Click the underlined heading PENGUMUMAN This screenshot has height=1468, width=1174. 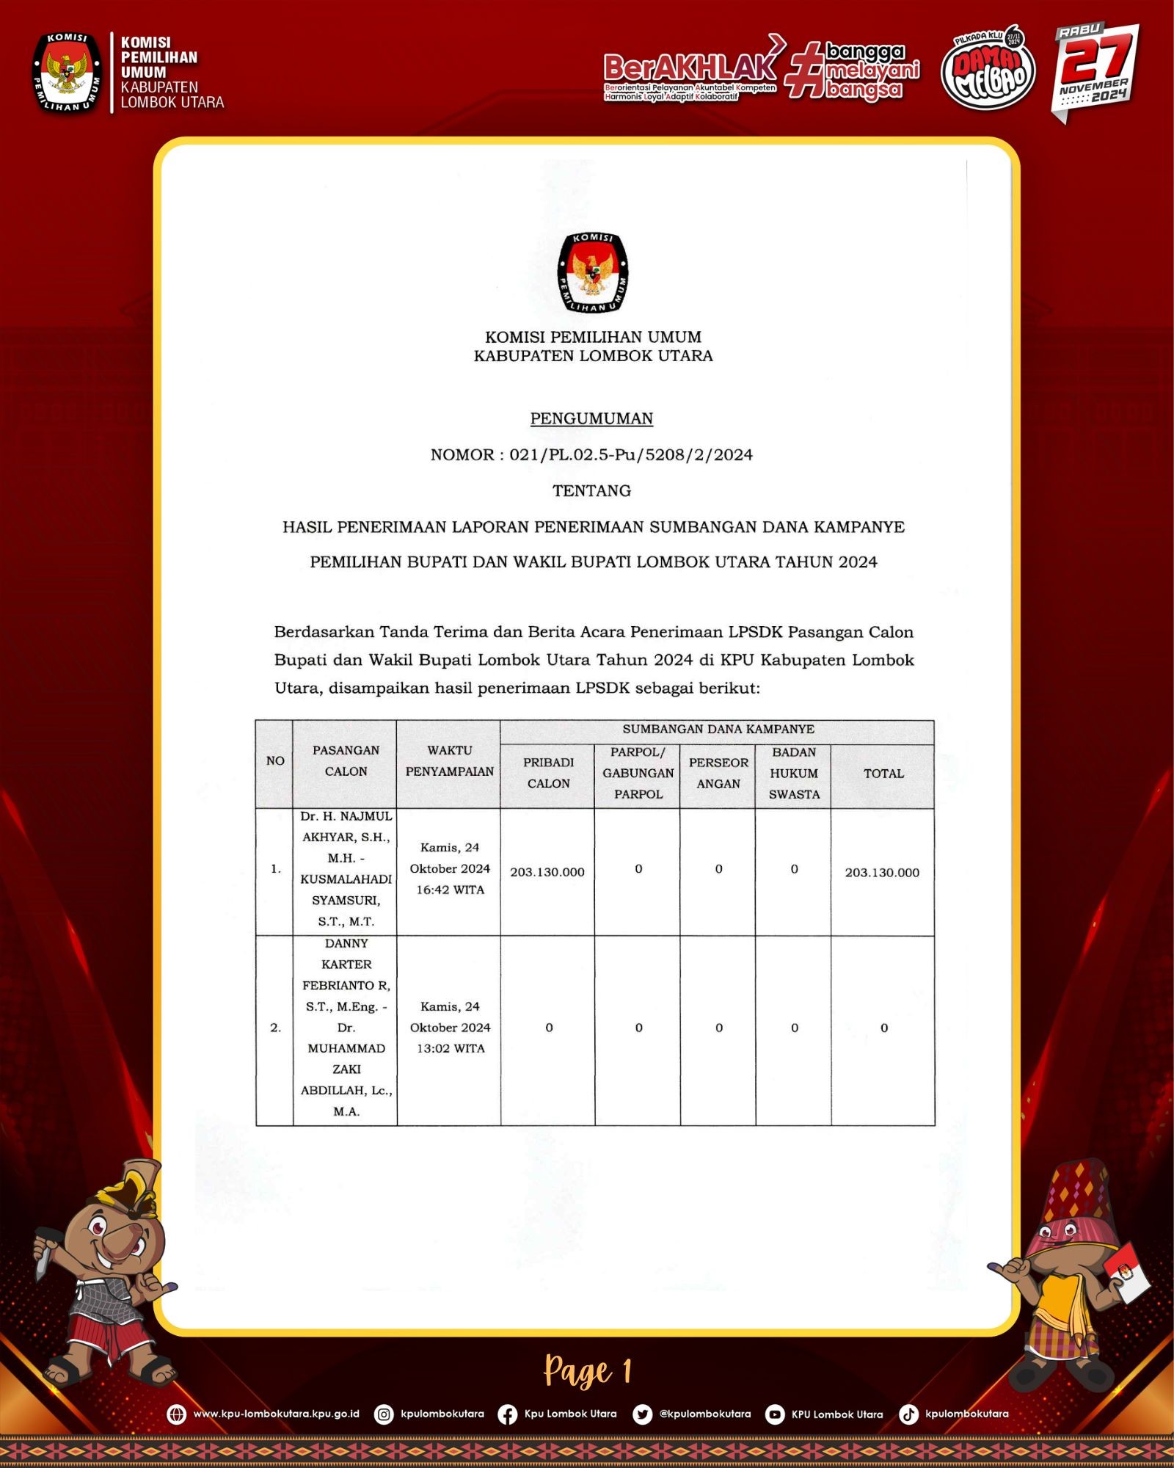(x=591, y=418)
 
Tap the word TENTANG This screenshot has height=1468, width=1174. (x=591, y=490)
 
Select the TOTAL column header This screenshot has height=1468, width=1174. (x=883, y=774)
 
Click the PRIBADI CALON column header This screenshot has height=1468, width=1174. (x=548, y=773)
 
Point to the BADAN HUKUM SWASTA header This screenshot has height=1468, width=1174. (x=794, y=773)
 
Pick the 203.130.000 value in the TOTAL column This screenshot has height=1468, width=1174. (x=882, y=873)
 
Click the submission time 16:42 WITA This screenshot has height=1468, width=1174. (x=450, y=890)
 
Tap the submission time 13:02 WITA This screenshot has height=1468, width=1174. (x=451, y=1048)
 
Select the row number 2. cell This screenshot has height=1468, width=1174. (x=275, y=1028)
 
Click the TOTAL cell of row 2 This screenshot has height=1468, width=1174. (x=884, y=1028)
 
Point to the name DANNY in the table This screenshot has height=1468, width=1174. (x=346, y=943)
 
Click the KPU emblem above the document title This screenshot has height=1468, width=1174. (x=593, y=272)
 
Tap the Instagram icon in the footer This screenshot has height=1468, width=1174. (x=384, y=1414)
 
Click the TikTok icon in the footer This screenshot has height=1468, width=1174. (x=908, y=1414)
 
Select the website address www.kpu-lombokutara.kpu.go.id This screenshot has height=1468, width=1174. (x=276, y=1414)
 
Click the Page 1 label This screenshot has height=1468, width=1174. (x=587, y=1371)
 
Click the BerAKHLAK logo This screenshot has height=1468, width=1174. (x=690, y=68)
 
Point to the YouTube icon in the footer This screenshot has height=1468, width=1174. (x=774, y=1414)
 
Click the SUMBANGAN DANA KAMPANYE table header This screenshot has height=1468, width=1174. (x=718, y=729)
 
